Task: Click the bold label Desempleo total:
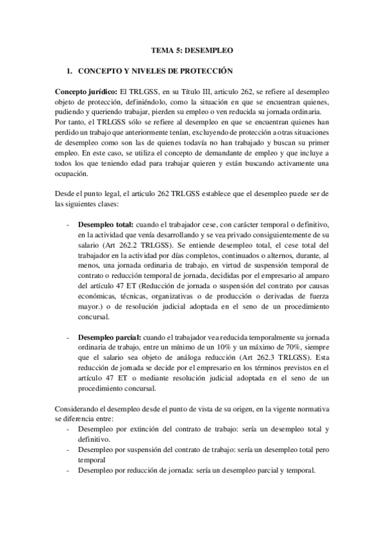[x=105, y=225]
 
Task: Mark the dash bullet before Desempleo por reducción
[x=69, y=471]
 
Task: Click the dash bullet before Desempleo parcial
[x=69, y=338]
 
